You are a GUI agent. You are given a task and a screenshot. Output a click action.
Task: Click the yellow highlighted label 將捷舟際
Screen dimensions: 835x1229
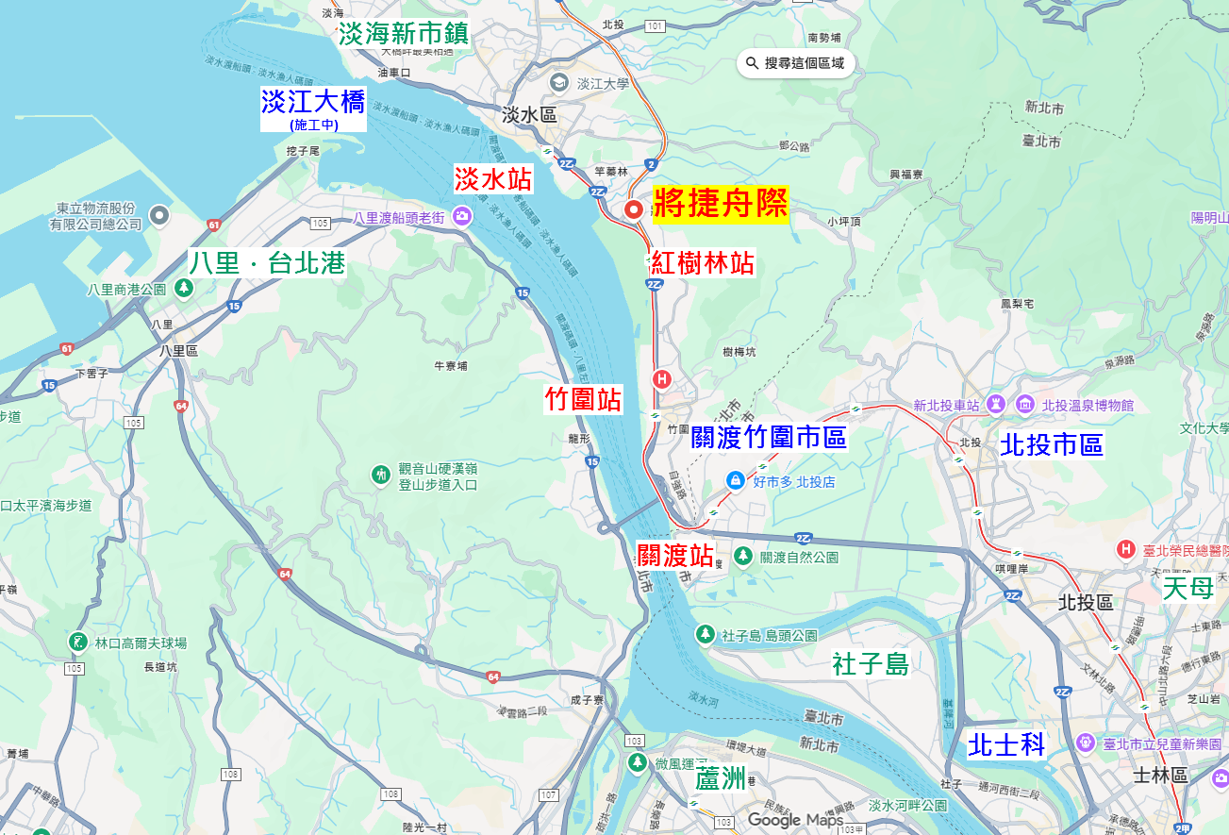pos(721,203)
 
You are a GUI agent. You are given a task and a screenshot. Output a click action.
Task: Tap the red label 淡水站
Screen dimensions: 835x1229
pos(493,178)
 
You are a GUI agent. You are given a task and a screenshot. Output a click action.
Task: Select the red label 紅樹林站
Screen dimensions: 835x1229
pos(703,263)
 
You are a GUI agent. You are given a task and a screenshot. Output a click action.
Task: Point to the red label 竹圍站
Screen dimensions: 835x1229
pos(584,399)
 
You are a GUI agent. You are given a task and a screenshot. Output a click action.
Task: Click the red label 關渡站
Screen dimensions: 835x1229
pos(675,555)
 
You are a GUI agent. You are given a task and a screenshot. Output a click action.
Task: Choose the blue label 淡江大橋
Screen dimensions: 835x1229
pos(313,102)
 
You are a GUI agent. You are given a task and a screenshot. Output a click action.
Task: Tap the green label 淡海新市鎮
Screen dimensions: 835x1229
pos(405,33)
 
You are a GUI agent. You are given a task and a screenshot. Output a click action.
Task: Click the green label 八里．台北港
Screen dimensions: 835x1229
pos(267,263)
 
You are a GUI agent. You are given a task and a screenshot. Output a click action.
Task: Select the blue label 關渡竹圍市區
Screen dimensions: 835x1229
pos(769,437)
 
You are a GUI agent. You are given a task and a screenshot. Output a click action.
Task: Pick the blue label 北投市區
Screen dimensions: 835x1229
pos(1052,444)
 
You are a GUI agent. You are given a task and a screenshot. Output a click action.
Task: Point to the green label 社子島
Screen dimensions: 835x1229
pos(871,664)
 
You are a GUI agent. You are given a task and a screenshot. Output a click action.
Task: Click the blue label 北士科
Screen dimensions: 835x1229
pos(1007,745)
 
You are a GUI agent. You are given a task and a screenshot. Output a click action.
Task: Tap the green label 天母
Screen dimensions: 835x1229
pos(1187,589)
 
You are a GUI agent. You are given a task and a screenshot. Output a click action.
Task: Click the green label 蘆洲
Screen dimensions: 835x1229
pos(721,779)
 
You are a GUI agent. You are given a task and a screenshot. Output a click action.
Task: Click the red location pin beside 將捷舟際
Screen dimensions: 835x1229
pos(635,209)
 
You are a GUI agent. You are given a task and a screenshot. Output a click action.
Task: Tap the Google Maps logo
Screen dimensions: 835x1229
pos(795,820)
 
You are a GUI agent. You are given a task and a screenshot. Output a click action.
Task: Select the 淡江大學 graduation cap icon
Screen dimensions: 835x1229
pos(559,83)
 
